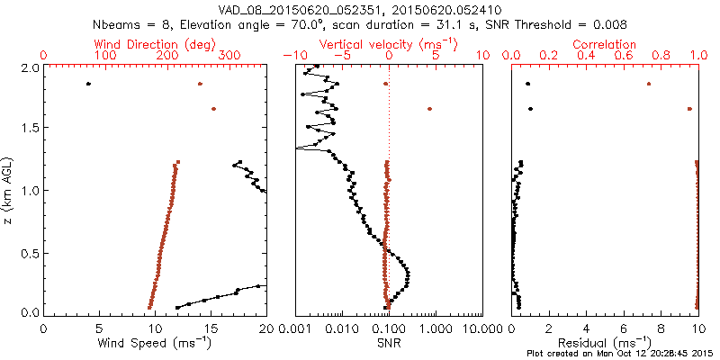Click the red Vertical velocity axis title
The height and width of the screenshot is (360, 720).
[388, 44]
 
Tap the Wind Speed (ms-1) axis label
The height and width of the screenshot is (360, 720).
[154, 343]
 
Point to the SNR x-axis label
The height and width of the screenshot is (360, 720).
[389, 343]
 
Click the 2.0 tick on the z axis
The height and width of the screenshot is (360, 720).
[29, 67]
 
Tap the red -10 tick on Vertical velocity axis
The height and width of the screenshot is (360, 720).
[292, 56]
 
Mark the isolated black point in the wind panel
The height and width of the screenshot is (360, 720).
[88, 84]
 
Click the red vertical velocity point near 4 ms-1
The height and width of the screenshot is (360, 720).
[429, 109]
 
